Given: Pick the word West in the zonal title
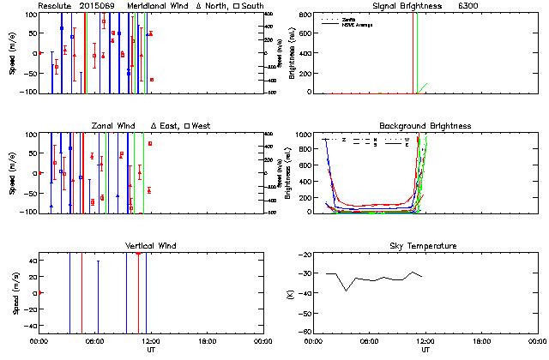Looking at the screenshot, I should click(200, 126).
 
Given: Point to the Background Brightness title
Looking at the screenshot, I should click(423, 126).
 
